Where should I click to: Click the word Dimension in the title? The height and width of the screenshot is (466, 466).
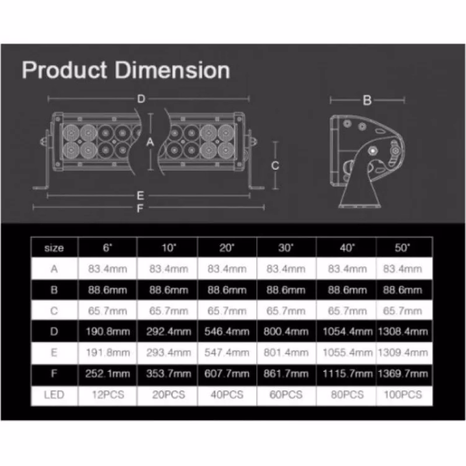[x=172, y=70]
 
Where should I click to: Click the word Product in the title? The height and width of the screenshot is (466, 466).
[x=65, y=70]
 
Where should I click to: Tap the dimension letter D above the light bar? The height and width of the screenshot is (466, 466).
[x=141, y=98]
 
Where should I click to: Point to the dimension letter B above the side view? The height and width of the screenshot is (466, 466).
[x=368, y=100]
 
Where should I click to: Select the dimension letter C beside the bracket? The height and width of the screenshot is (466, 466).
[x=275, y=165]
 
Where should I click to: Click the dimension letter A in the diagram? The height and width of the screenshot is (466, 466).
[x=150, y=142]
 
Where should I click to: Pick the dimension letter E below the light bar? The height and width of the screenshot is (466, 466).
[x=140, y=196]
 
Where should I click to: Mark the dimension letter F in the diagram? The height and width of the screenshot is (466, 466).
[x=140, y=209]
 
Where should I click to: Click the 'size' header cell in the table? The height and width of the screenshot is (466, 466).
[x=54, y=248]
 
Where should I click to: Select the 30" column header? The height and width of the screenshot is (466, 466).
[x=286, y=248]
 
